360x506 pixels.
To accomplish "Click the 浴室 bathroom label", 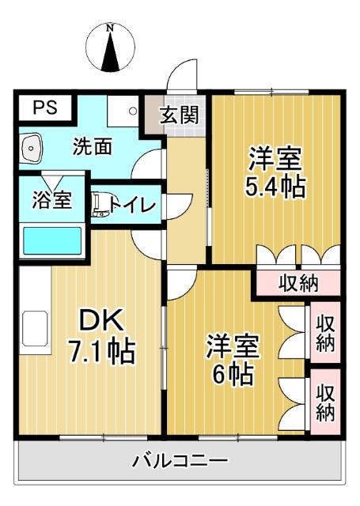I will coord(52,200).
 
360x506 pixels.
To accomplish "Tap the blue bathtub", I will coord(52,240).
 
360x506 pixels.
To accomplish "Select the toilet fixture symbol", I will coord(98,205).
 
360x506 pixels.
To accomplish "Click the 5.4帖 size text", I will coord(275,188).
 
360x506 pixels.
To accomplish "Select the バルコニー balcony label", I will coord(180,460).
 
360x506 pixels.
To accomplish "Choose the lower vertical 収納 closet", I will coord(325,402).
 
